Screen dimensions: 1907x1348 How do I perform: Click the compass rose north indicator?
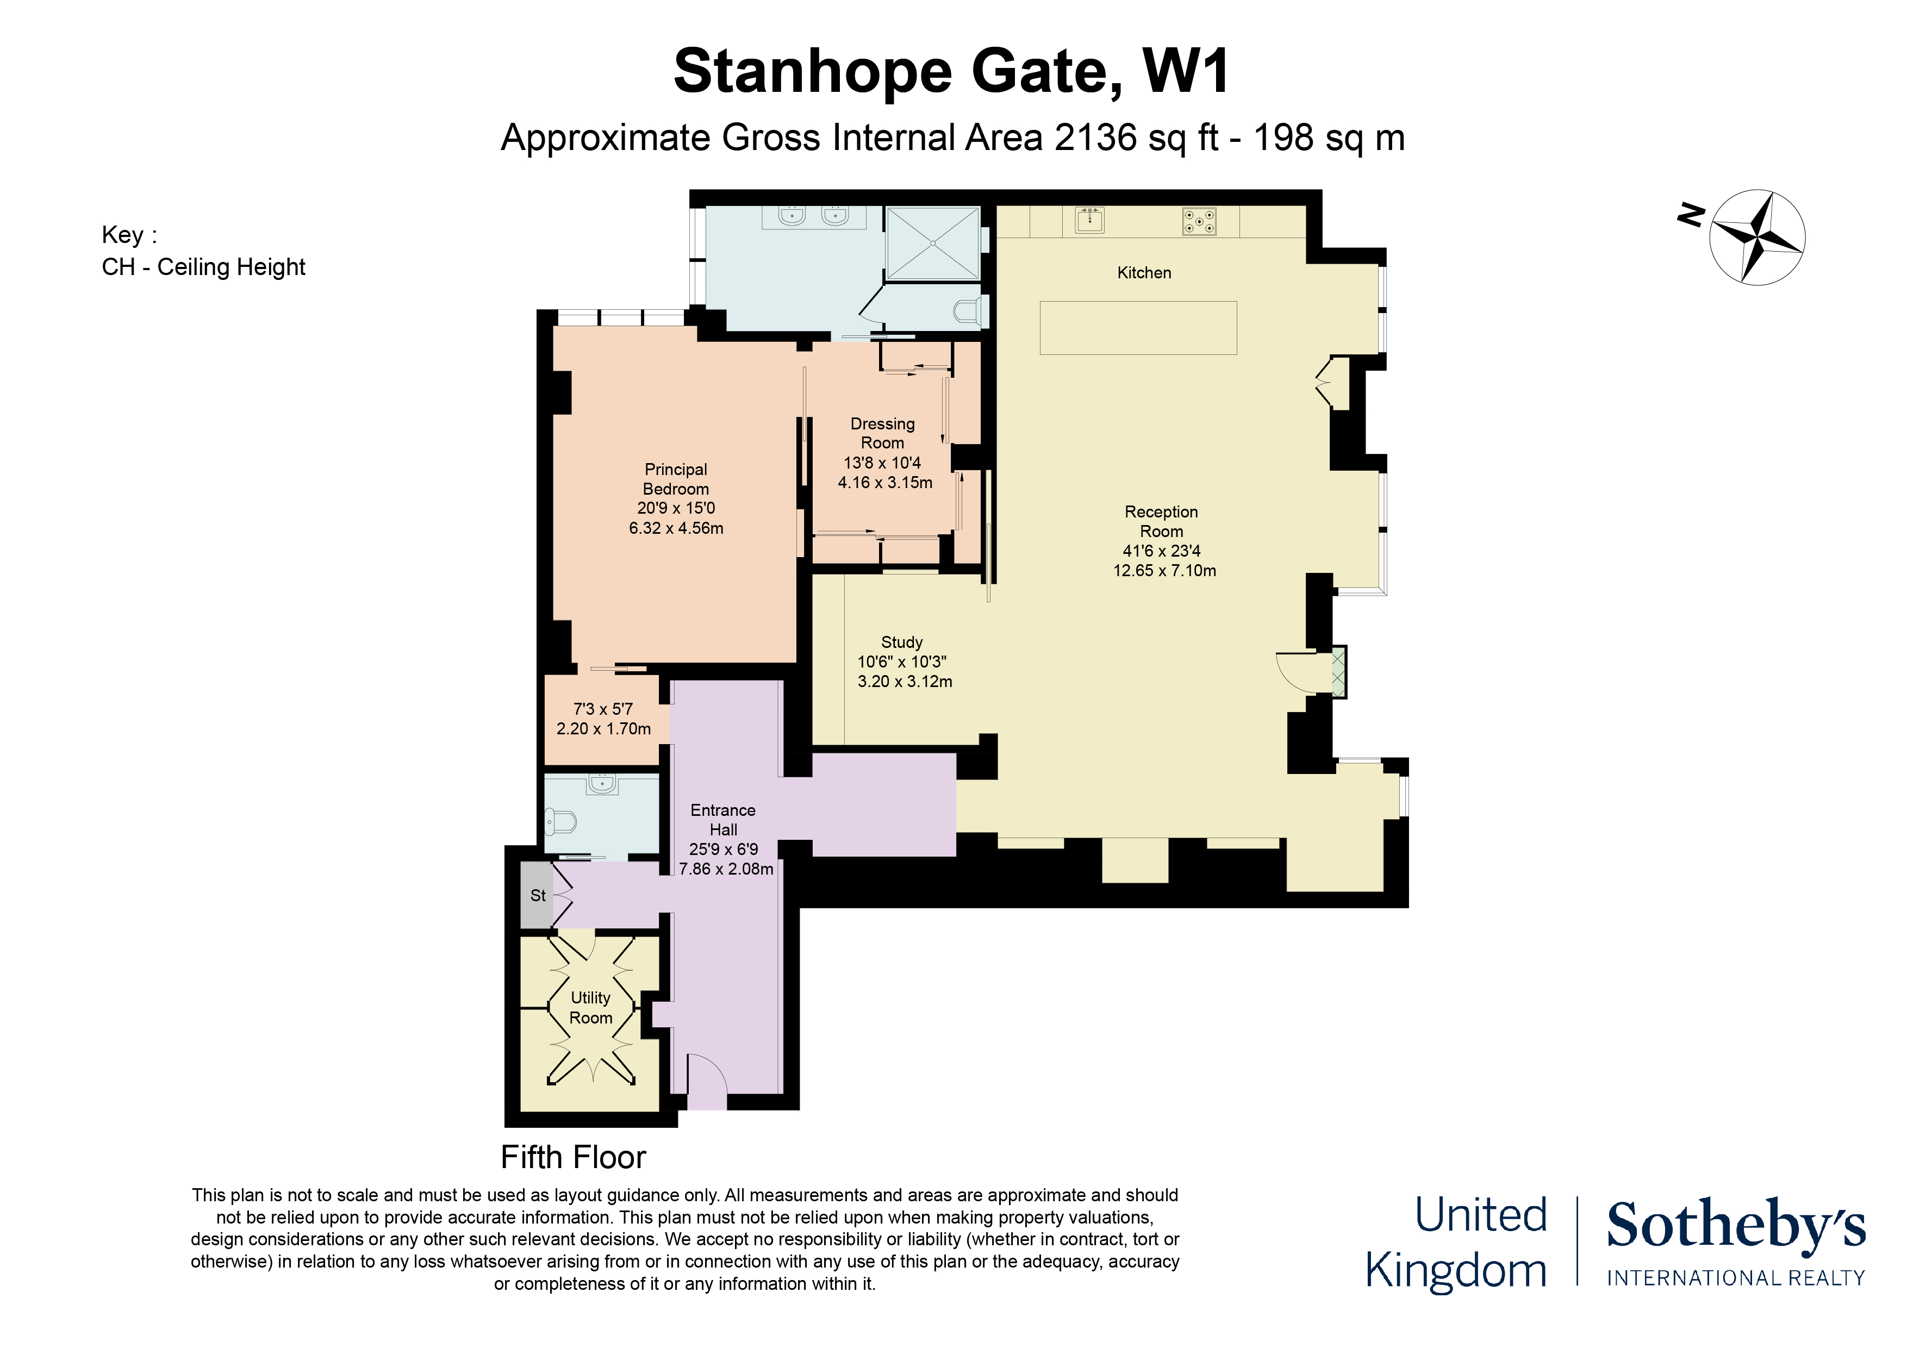click(1690, 216)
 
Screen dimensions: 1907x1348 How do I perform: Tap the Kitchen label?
click(1144, 272)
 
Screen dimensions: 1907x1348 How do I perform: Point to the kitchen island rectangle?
click(1138, 328)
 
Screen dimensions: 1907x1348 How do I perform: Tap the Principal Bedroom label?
click(676, 479)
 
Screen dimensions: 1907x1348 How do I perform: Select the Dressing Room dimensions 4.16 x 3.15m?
click(886, 483)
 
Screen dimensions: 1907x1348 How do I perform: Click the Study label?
click(902, 642)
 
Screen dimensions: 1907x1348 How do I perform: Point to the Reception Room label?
click(1161, 522)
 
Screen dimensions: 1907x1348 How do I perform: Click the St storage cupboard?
click(538, 895)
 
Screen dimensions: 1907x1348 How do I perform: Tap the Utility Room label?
click(590, 1008)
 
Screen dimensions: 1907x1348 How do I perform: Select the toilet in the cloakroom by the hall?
click(562, 822)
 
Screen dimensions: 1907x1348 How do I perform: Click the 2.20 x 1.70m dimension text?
click(604, 728)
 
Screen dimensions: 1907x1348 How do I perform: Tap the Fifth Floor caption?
click(573, 1157)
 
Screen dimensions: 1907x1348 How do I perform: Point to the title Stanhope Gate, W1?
click(952, 71)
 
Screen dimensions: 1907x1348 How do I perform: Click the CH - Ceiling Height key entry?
click(203, 266)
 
